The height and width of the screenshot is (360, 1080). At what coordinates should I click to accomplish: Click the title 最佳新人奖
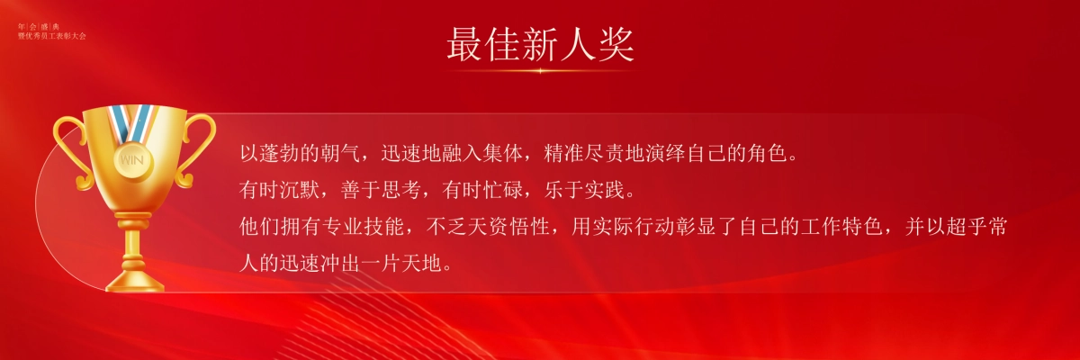540,43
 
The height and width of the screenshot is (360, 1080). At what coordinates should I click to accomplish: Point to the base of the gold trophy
134,279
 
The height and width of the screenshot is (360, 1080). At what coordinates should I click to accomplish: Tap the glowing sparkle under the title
540,70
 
